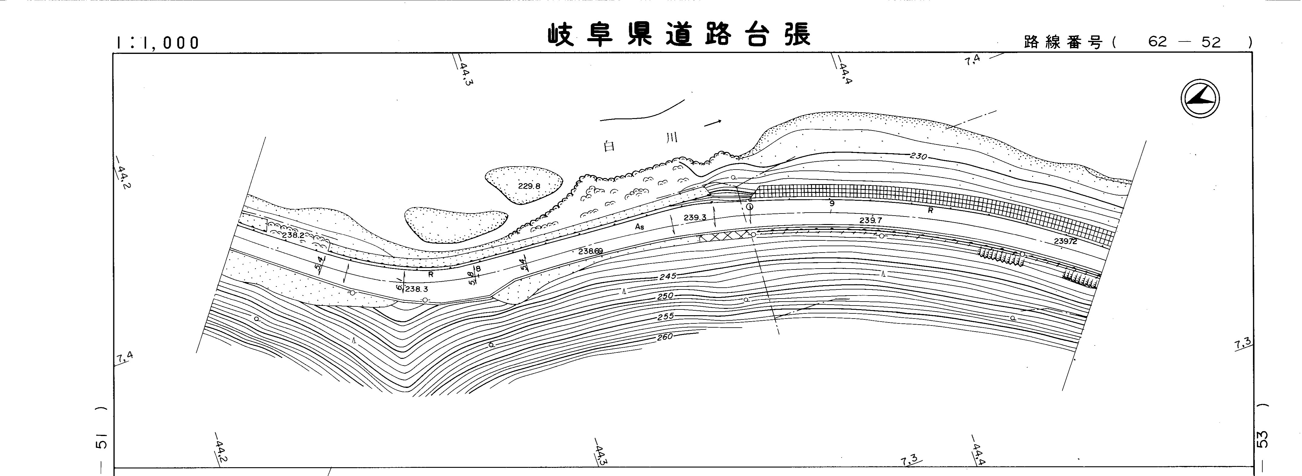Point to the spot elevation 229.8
click(x=529, y=186)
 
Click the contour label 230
click(x=918, y=157)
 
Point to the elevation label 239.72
click(x=1065, y=242)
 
